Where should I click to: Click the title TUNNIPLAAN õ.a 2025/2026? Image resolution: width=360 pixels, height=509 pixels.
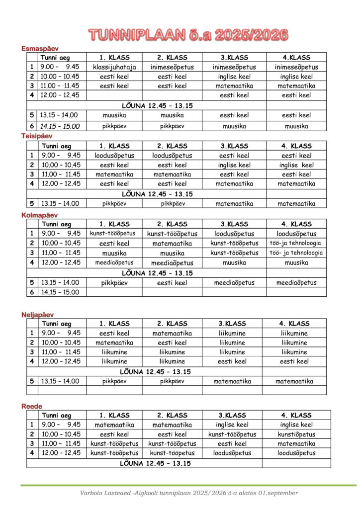(188, 34)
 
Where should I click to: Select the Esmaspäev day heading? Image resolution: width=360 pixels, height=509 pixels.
(40, 48)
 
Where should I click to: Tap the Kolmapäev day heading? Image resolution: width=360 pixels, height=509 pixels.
(39, 215)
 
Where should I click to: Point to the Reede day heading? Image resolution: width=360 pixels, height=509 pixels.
(31, 406)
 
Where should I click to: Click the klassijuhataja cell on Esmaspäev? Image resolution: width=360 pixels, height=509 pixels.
(114, 67)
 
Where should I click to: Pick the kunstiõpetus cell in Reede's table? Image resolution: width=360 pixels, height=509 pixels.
(296, 434)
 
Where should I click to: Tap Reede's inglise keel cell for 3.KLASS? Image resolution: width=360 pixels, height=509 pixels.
(232, 425)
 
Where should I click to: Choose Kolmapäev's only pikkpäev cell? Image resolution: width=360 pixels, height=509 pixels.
(114, 283)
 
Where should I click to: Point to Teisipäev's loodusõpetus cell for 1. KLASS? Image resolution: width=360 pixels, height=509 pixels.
(114, 156)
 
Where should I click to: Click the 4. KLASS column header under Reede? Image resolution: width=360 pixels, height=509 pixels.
(296, 416)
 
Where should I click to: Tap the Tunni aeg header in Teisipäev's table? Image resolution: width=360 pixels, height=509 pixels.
(56, 146)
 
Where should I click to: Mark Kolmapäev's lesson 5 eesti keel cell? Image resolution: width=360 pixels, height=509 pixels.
(172, 283)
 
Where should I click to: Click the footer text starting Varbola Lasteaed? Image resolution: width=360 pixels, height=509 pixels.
(189, 493)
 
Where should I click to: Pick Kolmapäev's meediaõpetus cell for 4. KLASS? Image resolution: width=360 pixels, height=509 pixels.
(296, 283)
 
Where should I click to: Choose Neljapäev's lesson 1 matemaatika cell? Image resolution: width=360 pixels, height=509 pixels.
(172, 334)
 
